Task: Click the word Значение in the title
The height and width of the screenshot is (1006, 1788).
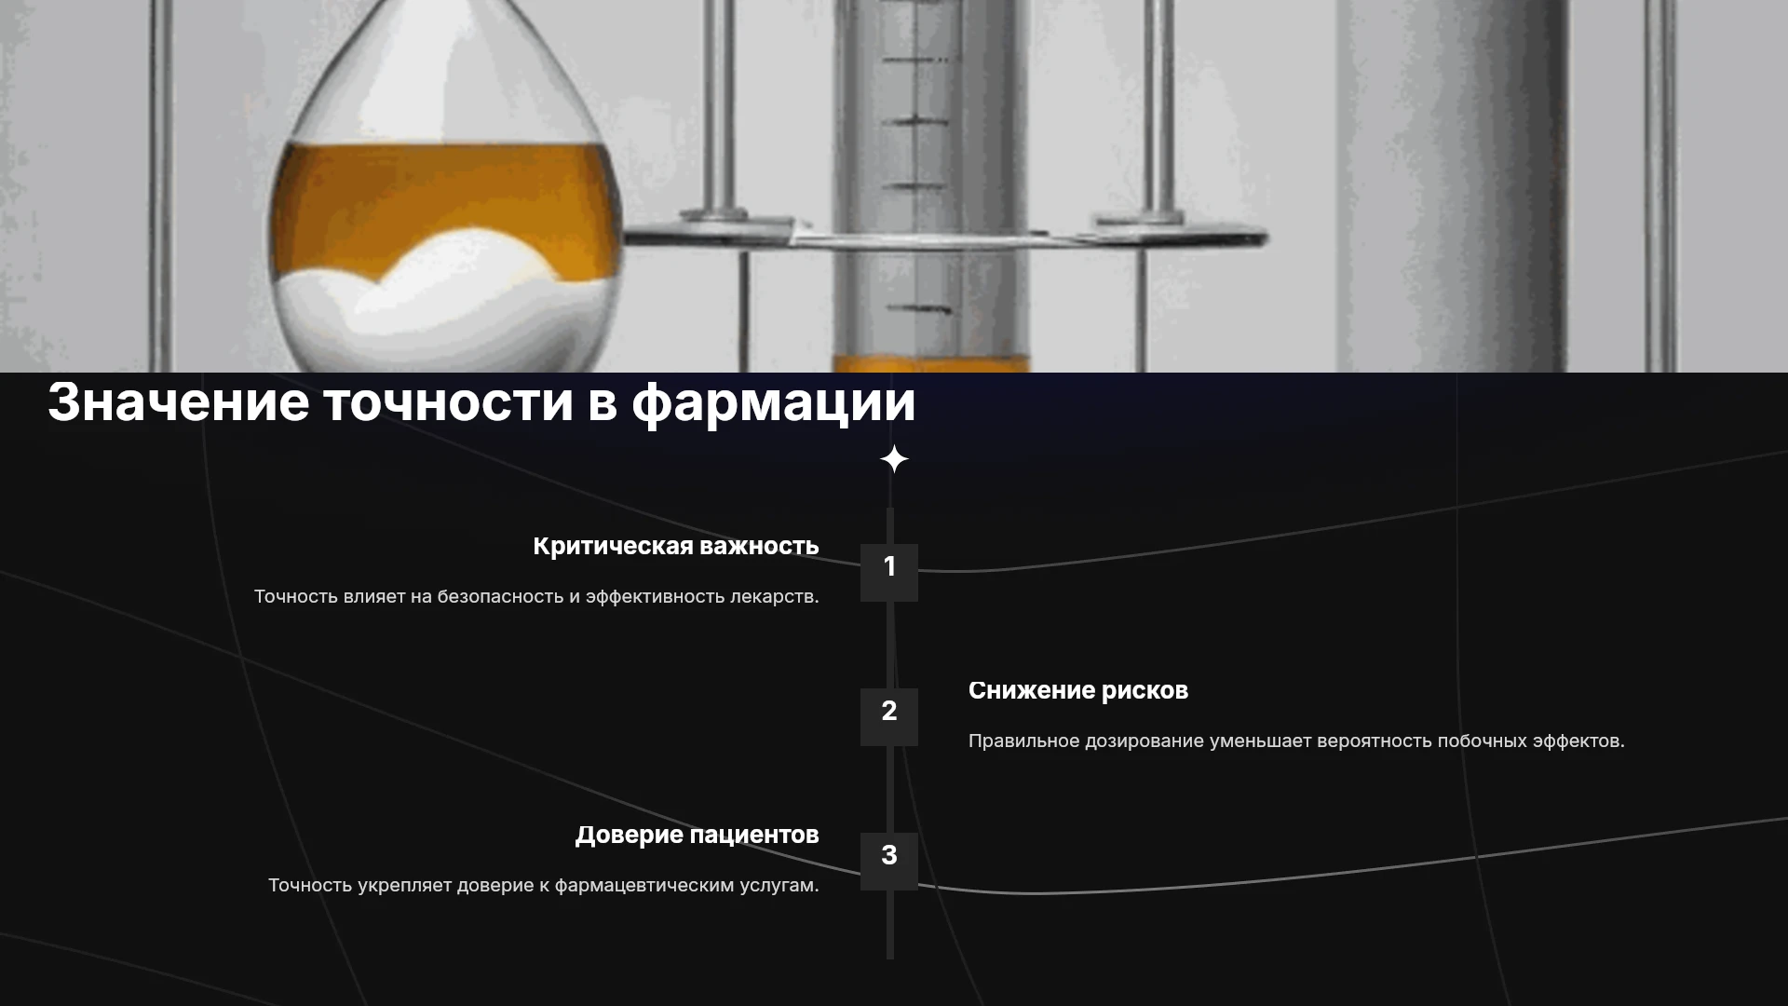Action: (178, 401)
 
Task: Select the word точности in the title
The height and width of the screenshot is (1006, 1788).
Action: (448, 403)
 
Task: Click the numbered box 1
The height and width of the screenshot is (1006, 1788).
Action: (889, 572)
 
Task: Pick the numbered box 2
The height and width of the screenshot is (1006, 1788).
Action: (889, 716)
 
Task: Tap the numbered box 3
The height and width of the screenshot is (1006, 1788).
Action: (889, 861)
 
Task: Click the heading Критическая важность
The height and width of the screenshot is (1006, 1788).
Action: (676, 547)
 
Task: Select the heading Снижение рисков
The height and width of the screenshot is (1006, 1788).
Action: (1078, 691)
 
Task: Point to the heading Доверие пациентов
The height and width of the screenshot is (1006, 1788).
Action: (698, 836)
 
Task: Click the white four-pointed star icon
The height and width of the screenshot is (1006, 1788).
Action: (894, 459)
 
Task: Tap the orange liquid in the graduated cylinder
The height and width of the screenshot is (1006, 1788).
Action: (931, 363)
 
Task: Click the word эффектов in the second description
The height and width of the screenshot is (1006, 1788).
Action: (1578, 741)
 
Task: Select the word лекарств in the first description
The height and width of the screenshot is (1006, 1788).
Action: (774, 596)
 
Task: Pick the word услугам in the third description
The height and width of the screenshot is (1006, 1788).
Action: (779, 886)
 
